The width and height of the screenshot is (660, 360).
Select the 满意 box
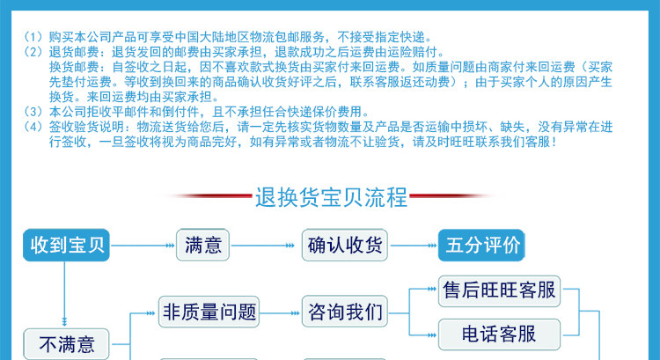[203, 246]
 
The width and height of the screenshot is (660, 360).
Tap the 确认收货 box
[345, 246]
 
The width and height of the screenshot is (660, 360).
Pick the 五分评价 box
[480, 245]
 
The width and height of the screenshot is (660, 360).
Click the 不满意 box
[65, 342]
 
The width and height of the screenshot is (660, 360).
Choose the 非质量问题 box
[209, 311]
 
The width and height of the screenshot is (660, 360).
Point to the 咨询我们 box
[345, 311]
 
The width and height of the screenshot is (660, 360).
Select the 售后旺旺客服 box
[498, 290]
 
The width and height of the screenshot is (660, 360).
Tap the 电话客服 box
[498, 334]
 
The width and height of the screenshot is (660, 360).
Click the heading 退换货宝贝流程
[330, 196]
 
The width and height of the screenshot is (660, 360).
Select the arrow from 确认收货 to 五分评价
[413, 246]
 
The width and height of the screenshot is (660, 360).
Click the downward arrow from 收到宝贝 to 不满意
[65, 295]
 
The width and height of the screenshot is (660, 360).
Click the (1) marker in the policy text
[33, 38]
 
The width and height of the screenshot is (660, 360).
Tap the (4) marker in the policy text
[33, 126]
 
